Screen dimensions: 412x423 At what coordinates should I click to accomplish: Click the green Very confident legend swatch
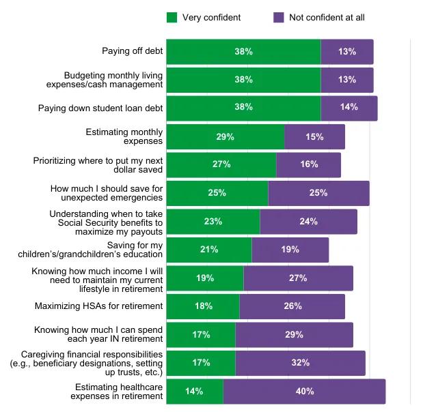point(172,17)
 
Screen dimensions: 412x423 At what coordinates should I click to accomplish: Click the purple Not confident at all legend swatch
point(278,17)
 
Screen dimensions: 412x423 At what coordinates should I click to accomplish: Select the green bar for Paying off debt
point(243,52)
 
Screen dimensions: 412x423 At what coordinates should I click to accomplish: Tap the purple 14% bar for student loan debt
point(349,108)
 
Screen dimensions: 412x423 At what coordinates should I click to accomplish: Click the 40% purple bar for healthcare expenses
point(304,392)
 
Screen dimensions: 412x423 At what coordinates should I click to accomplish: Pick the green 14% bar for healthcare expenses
point(195,392)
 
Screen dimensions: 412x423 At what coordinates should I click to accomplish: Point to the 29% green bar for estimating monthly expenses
point(226,136)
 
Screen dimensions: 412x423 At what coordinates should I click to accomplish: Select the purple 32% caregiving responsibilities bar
point(300,363)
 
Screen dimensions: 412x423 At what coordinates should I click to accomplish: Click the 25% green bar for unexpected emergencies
point(217,193)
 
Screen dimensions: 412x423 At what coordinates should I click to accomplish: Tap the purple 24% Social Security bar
point(308,222)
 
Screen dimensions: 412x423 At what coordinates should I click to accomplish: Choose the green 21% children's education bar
point(209,250)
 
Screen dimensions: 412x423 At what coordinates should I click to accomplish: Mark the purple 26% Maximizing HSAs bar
point(292,306)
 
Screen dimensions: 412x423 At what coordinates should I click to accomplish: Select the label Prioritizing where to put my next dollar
point(98,164)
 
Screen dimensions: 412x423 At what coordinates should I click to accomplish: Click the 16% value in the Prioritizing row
point(308,165)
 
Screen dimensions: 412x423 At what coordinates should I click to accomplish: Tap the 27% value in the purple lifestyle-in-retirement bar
point(298,278)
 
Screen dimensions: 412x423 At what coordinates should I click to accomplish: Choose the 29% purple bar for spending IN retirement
point(294,335)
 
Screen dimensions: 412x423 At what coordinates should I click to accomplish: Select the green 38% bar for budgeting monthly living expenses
point(243,80)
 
